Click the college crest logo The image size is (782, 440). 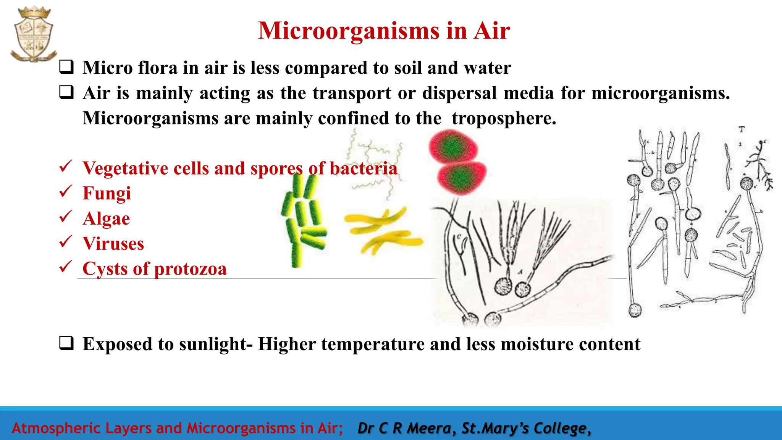tap(33, 34)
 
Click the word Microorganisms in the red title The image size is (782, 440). tap(348, 31)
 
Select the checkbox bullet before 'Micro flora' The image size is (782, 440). tap(66, 67)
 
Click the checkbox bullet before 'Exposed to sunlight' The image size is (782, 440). tap(66, 343)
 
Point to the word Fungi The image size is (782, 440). tap(107, 193)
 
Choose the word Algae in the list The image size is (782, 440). tap(106, 218)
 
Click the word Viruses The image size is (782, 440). tap(113, 244)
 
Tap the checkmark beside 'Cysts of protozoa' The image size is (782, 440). tap(66, 266)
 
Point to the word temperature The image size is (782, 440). tap(372, 344)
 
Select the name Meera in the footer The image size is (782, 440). tap(429, 428)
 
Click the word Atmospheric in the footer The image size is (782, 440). tap(57, 428)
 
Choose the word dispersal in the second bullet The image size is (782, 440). tap(459, 93)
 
